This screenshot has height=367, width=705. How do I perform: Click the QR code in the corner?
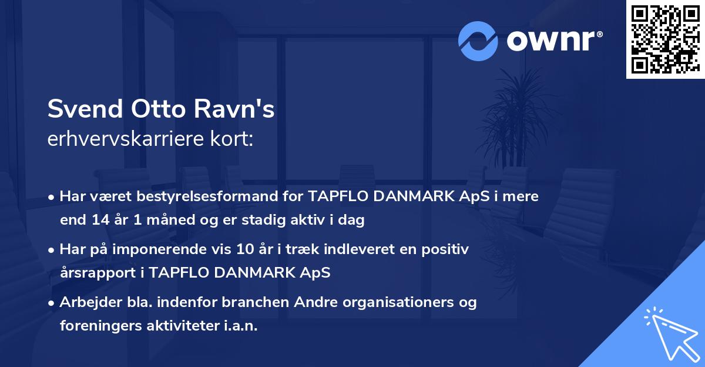[x=665, y=39]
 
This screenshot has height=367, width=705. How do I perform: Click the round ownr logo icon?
[x=478, y=41]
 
